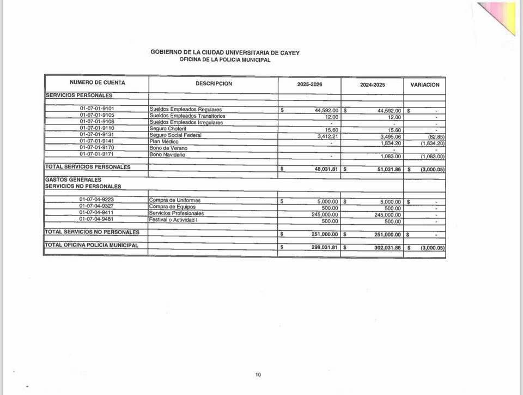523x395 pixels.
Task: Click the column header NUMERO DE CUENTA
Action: pos(97,83)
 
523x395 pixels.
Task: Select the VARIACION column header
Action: pos(424,85)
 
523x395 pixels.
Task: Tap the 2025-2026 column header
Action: pos(309,85)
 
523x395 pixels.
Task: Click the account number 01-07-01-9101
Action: pos(97,109)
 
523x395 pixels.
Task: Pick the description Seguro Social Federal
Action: pos(175,135)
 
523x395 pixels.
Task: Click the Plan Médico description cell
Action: pos(163,142)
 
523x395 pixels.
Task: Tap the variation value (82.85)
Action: pos(437,136)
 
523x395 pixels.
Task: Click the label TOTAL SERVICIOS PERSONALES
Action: pos(88,167)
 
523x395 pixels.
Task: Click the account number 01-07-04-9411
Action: pos(97,213)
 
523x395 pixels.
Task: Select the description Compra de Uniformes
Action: pos(174,200)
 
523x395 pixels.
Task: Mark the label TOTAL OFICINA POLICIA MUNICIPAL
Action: pos(92,246)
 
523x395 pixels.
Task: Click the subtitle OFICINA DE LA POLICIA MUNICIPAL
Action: pos(224,60)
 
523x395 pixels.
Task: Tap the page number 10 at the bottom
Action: pos(258,374)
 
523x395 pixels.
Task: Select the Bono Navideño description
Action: pos(167,155)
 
